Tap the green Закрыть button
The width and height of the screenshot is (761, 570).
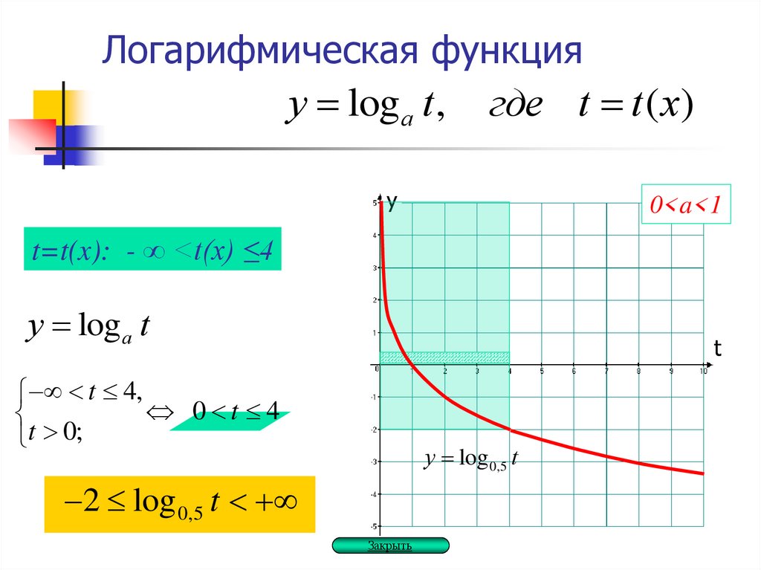(390, 546)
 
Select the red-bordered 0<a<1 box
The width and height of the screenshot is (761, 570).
(687, 205)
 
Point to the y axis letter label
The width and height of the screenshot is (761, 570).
(392, 199)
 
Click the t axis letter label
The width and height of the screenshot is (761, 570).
(718, 348)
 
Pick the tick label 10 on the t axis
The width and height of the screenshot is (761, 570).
(702, 371)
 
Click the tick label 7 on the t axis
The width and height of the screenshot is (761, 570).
(606, 371)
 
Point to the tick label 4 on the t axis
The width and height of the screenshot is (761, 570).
(509, 371)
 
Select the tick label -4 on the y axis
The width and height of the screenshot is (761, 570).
(374, 494)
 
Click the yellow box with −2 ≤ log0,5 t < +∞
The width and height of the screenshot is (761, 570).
(180, 505)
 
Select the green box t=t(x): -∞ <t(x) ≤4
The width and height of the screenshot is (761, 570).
(152, 249)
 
